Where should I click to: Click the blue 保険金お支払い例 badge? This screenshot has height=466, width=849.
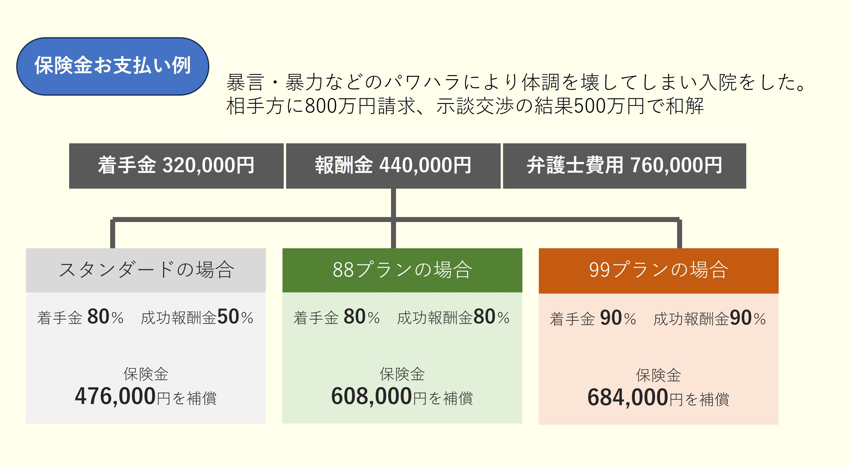113,66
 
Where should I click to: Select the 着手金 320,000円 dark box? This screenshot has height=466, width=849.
176,166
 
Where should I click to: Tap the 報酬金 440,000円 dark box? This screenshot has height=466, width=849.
393,166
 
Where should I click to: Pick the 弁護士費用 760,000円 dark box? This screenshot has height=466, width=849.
625,166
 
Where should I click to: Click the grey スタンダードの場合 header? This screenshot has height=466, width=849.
146,270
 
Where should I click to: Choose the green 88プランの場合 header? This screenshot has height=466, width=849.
402,270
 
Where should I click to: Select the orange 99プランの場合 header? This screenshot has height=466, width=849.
659,271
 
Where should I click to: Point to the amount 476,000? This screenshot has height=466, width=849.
115,396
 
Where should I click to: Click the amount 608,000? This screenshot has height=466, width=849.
371,396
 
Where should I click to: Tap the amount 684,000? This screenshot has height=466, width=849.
628,398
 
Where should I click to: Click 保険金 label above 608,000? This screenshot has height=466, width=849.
402,374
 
